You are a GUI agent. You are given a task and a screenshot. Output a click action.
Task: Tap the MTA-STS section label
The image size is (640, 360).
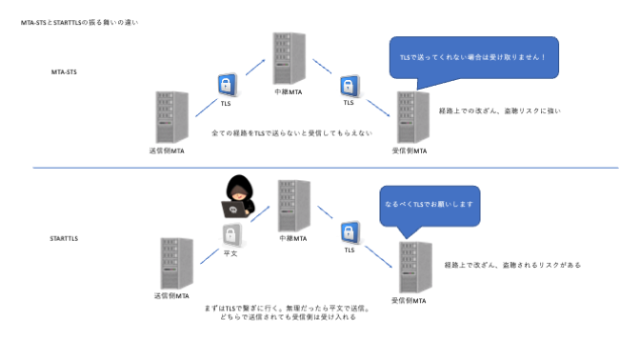click(x=66, y=71)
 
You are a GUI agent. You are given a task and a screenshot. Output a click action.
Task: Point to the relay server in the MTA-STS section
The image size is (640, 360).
click(x=283, y=58)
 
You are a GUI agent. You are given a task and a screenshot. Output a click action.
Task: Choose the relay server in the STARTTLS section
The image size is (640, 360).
click(x=292, y=207)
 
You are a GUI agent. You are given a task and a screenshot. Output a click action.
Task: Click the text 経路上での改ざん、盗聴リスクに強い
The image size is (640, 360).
click(x=500, y=111)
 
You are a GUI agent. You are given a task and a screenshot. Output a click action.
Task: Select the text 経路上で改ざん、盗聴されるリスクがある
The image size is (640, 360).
click(x=512, y=265)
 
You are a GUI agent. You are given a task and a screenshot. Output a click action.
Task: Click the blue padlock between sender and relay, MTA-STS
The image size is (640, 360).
click(x=227, y=84)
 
